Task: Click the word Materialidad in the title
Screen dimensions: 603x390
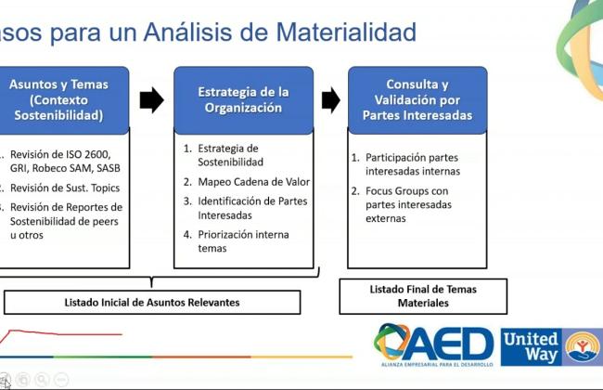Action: [x=346, y=32]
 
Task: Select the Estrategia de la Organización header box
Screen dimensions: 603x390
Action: [x=243, y=100]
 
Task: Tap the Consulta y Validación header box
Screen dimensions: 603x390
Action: [x=417, y=100]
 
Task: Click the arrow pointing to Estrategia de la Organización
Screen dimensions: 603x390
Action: [x=151, y=100]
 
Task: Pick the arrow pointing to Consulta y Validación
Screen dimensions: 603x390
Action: [x=331, y=100]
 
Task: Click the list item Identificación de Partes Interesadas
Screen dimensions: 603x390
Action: [x=245, y=208]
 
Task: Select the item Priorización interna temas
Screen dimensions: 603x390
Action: [x=237, y=241]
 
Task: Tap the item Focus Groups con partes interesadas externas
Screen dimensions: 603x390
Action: [x=402, y=204]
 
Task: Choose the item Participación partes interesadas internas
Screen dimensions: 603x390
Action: [x=405, y=164]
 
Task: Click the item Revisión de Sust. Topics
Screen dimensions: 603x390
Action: [x=60, y=188]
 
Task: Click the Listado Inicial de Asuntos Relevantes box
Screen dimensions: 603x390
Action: [x=152, y=302]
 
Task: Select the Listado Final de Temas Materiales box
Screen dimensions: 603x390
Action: [x=423, y=296]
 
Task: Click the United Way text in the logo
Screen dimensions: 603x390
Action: [x=531, y=347]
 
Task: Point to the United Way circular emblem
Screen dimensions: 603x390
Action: [x=583, y=347]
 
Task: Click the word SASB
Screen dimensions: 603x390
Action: [x=109, y=168]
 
